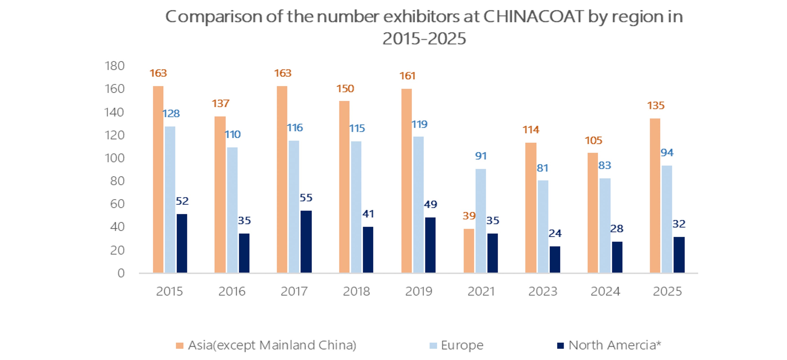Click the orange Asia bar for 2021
click(469, 251)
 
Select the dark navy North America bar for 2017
click(306, 241)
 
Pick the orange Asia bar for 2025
click(655, 196)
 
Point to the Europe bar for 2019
click(418, 205)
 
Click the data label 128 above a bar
click(171, 114)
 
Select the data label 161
click(407, 76)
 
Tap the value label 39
click(469, 216)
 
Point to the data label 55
click(306, 198)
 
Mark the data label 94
click(667, 153)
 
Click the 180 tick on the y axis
click(115, 66)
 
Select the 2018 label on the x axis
click(356, 291)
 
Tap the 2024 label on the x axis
click(605, 291)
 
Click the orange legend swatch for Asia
click(180, 346)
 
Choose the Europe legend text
click(462, 345)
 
